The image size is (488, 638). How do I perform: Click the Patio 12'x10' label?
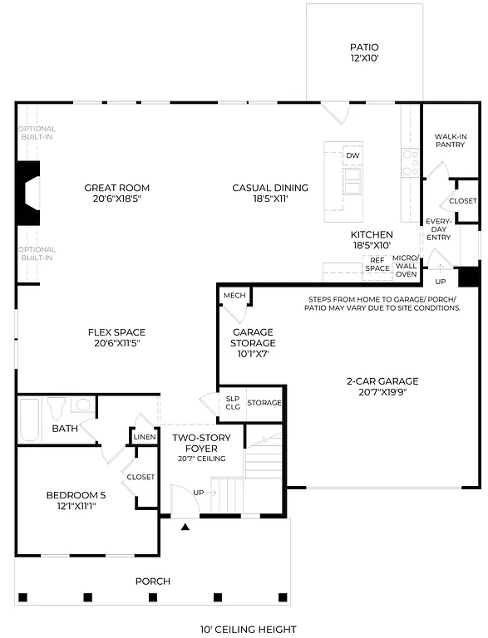(x=364, y=53)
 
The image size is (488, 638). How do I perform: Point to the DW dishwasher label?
(x=352, y=156)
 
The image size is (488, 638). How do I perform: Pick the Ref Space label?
(x=377, y=264)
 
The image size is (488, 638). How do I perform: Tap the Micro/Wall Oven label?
(x=406, y=266)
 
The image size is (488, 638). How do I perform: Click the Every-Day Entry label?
(x=438, y=229)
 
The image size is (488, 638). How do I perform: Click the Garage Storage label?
(x=254, y=342)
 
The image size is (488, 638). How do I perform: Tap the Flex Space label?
(x=117, y=337)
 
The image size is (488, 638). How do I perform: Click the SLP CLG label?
(x=233, y=403)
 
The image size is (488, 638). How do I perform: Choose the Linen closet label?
(x=144, y=437)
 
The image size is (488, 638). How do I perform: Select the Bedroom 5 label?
(x=76, y=501)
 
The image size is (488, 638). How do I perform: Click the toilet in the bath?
(x=57, y=408)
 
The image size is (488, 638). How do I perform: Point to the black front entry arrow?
(x=185, y=526)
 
